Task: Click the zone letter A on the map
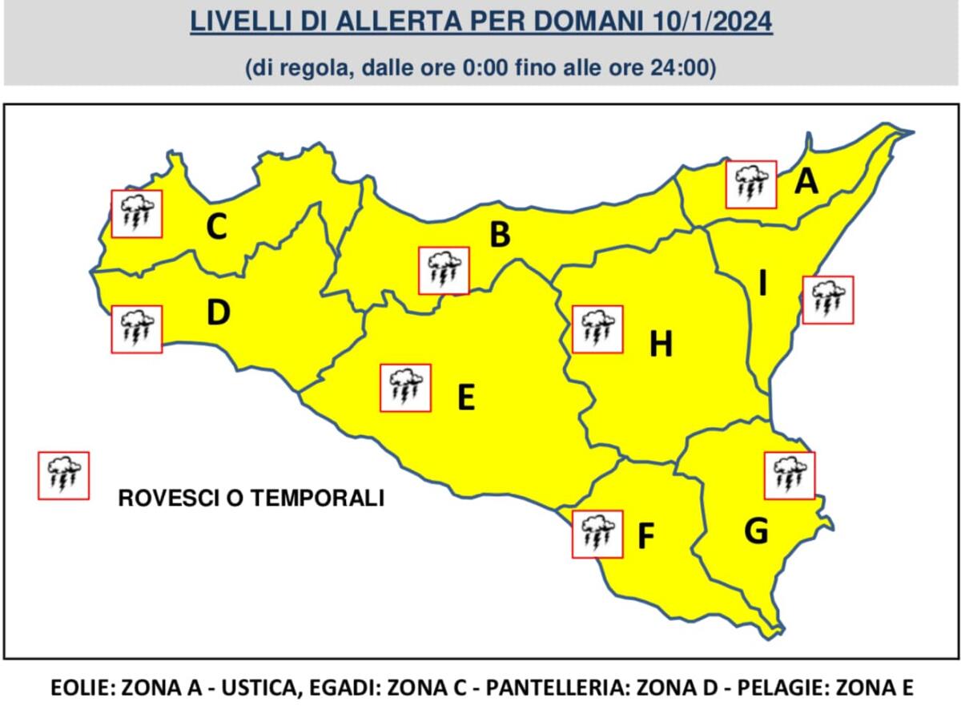point(806,183)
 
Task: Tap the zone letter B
point(500,235)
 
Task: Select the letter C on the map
point(216,228)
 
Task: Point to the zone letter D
point(218,313)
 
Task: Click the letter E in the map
point(465,397)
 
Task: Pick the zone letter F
point(646,538)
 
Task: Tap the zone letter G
point(756,530)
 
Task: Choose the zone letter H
point(661,345)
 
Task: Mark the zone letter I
point(762,283)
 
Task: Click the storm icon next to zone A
point(751,184)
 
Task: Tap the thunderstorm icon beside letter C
point(136,214)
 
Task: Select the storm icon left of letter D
point(136,329)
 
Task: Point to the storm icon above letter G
point(790,475)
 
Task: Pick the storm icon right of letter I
point(827,300)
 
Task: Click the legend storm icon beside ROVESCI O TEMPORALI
point(63,475)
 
